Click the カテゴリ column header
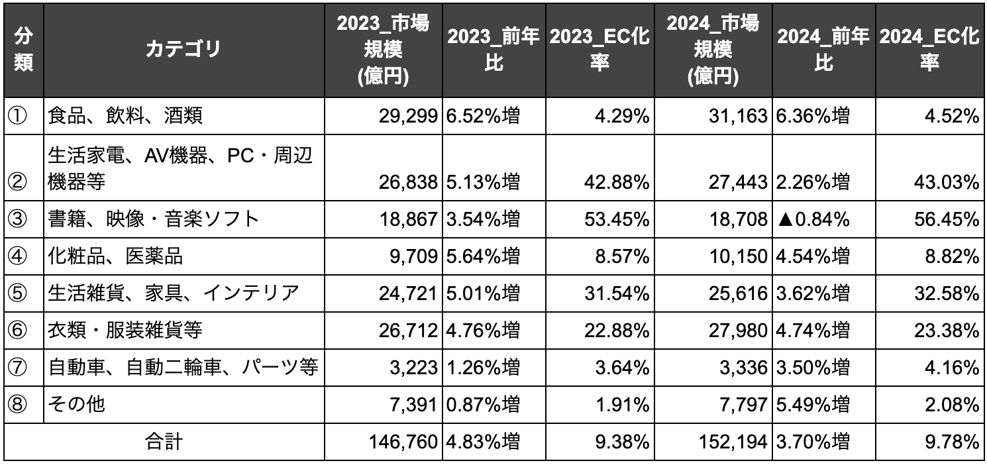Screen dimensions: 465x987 coord(183,50)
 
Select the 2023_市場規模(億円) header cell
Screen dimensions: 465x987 coord(383,50)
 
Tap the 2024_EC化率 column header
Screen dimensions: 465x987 coord(930,50)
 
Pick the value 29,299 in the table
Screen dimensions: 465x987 coord(408,117)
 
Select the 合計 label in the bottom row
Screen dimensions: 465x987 coord(164,441)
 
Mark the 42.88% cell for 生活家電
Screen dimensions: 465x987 coord(620,182)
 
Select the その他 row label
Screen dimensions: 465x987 coord(77,404)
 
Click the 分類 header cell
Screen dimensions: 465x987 coord(24,50)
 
